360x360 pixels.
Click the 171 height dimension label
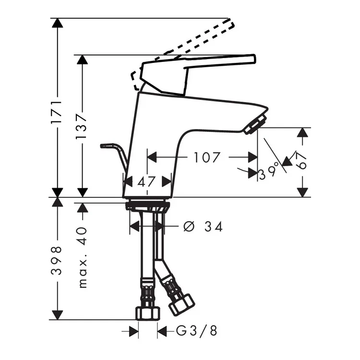pos(57,112)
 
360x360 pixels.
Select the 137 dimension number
pos(82,125)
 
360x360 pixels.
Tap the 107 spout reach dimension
pos(207,157)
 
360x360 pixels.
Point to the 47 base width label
pos(146,182)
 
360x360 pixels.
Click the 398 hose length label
pos(57,261)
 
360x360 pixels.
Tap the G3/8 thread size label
pos(196,331)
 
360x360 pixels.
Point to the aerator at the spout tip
pos(255,124)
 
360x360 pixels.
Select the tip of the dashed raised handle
pos(232,24)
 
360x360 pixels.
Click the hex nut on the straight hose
pos(148,313)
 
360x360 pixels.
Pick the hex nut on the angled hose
pos(181,305)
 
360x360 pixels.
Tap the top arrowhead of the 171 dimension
pos(57,23)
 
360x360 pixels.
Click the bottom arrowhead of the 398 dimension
pos(57,315)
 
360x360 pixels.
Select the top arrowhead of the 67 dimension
pos(302,132)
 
